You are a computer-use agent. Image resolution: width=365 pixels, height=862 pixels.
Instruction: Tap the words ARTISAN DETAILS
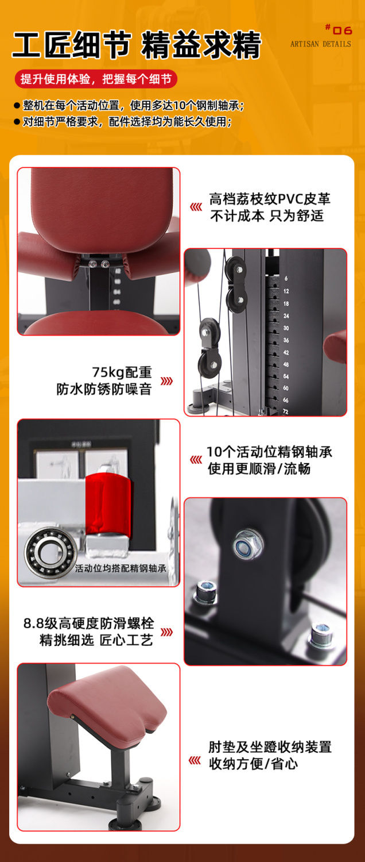[320, 44]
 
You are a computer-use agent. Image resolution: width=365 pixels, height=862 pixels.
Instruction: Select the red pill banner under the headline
[96, 79]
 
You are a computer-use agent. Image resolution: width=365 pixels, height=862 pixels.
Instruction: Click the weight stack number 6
[286, 278]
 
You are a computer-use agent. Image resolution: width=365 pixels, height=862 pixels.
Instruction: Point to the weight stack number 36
[286, 340]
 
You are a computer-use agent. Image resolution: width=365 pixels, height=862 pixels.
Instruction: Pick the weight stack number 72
[285, 411]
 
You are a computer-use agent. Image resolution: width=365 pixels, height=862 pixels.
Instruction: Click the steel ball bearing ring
[50, 552]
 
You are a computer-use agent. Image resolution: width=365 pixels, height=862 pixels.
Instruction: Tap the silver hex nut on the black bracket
[248, 544]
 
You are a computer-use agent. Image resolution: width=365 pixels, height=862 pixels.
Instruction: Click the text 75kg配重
[122, 372]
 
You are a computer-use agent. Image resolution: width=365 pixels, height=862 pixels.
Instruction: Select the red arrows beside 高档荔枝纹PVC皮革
[196, 207]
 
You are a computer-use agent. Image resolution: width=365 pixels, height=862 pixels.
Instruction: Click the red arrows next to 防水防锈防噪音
[166, 381]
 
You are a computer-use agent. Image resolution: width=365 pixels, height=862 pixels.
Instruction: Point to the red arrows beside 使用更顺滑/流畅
[196, 460]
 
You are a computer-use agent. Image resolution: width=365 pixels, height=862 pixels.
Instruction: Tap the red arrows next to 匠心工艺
[166, 632]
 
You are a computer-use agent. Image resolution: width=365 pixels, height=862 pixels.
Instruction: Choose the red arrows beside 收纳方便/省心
[195, 760]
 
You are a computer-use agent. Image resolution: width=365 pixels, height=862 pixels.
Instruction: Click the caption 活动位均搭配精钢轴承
[121, 568]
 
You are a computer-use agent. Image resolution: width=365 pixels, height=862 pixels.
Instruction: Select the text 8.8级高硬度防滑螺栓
[89, 624]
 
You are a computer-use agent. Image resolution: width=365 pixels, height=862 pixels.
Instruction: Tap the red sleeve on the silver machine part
[108, 504]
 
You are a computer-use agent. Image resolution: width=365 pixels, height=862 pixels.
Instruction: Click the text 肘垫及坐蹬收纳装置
[270, 747]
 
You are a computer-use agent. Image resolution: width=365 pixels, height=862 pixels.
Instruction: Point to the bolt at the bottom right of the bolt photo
[322, 634]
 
